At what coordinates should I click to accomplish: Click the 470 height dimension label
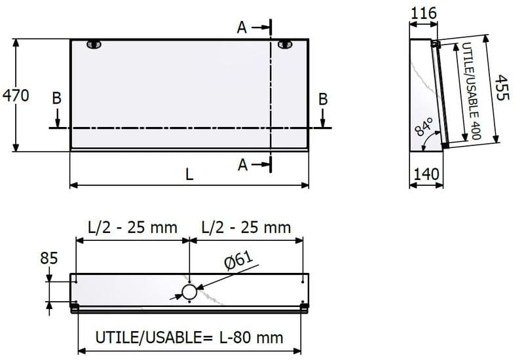(16, 96)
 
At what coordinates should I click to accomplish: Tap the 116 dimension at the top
(423, 13)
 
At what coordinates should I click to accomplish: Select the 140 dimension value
(426, 174)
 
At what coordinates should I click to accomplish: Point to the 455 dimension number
(502, 88)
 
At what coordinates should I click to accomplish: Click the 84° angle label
(424, 126)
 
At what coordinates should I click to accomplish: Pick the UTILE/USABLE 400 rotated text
(471, 91)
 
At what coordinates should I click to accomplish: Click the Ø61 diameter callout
(239, 260)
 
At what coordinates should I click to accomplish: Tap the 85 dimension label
(48, 258)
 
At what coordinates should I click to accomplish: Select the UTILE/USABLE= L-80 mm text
(189, 337)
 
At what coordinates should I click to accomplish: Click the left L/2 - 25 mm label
(132, 228)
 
